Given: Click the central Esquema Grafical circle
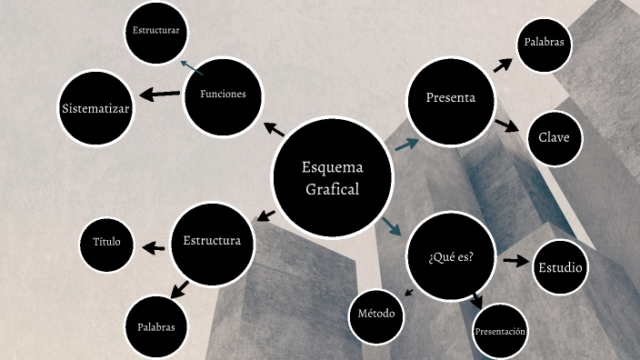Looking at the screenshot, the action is pos(332,177).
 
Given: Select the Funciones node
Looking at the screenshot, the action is pos(223,95).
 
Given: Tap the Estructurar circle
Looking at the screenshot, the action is pos(155,32).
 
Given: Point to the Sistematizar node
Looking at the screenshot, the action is pos(95,109).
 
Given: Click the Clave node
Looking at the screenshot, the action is pos(554,137).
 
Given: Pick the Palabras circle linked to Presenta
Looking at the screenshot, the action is pos(544,43).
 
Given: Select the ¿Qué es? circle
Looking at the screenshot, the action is pos(451,256).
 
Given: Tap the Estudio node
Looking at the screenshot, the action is pos(560,268).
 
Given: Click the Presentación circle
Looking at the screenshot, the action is pos(500,332).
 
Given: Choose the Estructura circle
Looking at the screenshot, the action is pos(212,242).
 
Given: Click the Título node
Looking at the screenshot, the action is pos(107,244).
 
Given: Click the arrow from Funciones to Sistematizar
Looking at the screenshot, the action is pos(159,94).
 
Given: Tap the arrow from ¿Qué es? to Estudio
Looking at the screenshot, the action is pos(515,261).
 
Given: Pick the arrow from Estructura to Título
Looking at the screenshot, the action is pos(154,246).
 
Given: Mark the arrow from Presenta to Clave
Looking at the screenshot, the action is pos(506,125).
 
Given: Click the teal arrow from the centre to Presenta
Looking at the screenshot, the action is pos(405,143).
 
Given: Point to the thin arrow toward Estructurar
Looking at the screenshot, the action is pos(191,67).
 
